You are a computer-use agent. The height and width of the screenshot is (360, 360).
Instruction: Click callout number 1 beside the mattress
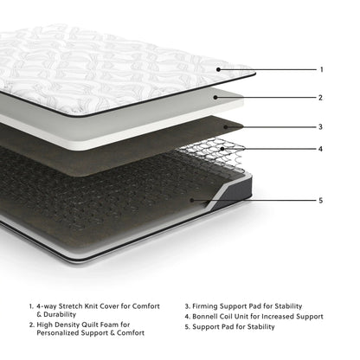click(321, 69)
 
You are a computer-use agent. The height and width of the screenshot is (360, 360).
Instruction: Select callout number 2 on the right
click(321, 98)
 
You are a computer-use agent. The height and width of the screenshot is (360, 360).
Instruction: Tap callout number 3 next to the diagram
click(321, 126)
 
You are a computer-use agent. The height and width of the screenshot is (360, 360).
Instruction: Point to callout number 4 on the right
click(321, 149)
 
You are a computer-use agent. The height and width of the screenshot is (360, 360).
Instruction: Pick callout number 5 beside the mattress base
click(321, 201)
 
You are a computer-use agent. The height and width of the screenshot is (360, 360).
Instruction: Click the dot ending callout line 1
click(218, 68)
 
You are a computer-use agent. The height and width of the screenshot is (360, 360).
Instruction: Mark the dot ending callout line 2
click(216, 97)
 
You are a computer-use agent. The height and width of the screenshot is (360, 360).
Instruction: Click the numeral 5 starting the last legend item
click(187, 327)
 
